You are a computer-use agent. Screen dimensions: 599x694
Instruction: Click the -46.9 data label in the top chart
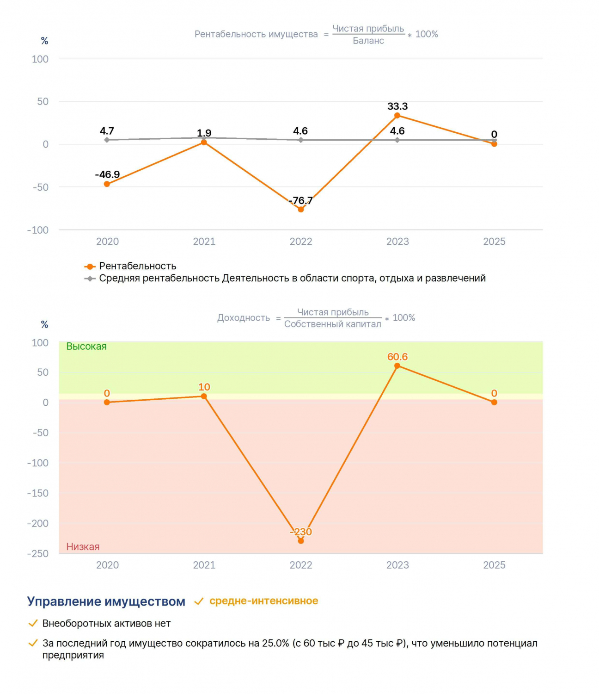point(107,174)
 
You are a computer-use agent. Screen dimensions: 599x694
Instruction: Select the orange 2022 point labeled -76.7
point(300,209)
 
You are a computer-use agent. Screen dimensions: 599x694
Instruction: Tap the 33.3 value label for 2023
point(397,106)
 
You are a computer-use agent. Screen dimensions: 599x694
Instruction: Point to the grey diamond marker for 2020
point(107,140)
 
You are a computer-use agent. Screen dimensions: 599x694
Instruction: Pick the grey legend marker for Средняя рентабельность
point(90,279)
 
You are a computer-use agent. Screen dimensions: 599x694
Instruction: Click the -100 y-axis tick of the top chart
point(38,230)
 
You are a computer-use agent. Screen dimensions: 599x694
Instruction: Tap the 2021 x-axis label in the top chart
point(204,242)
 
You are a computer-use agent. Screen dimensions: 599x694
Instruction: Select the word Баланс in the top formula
point(368,41)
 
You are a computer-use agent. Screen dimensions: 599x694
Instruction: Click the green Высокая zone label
point(86,346)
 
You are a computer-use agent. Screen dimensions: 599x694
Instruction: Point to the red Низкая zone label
point(83,546)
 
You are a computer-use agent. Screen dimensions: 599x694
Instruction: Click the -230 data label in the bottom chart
point(300,532)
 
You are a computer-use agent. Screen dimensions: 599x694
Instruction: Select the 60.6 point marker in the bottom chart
point(397,366)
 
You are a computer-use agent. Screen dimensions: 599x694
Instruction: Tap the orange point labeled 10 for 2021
point(203,396)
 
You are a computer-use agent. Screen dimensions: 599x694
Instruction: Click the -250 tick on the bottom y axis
point(38,553)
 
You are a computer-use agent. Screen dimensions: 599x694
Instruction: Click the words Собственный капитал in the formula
point(332,324)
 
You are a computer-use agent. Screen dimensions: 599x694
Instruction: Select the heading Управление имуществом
point(106,601)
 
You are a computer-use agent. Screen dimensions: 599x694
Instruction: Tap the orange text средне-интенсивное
point(263,601)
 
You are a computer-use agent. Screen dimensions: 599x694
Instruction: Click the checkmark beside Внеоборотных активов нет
point(33,624)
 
